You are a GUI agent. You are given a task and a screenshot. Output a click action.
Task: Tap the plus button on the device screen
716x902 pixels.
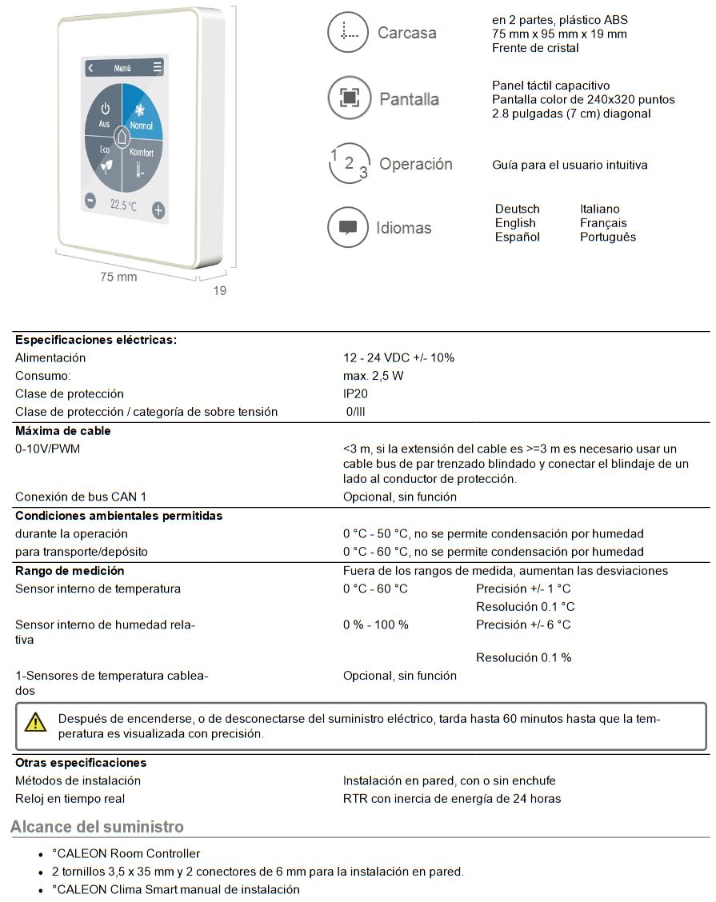(x=158, y=210)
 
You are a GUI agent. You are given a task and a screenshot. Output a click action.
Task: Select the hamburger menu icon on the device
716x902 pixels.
(x=158, y=68)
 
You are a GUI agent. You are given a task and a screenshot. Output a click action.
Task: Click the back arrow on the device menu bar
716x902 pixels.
(x=90, y=69)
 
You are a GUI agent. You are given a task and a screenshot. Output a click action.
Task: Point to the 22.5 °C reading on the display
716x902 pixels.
(x=123, y=206)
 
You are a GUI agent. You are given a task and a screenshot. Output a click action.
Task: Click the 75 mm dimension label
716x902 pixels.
(x=118, y=277)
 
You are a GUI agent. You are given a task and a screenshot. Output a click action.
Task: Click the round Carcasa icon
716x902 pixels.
(x=347, y=33)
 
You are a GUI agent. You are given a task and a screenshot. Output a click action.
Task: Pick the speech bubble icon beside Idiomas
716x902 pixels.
(x=347, y=228)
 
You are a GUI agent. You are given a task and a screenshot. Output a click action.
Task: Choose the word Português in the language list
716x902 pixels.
(x=608, y=237)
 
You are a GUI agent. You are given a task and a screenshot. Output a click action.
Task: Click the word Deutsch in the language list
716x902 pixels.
(x=517, y=209)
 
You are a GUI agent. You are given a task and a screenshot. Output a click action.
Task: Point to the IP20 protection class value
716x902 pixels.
(x=355, y=393)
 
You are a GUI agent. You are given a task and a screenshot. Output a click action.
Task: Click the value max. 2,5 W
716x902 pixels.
(x=374, y=376)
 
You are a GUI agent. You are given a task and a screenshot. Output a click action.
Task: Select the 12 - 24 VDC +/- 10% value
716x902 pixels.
(x=398, y=357)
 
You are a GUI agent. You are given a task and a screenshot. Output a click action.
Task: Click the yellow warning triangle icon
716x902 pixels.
(x=36, y=722)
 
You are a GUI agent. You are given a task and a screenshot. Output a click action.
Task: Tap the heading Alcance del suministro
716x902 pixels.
(x=97, y=827)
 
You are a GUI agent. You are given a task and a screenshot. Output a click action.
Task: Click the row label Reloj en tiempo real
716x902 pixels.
(x=70, y=798)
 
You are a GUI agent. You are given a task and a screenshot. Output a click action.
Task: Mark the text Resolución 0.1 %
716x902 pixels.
(x=523, y=657)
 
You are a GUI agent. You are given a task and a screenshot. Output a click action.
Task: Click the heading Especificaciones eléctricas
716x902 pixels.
(x=96, y=340)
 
